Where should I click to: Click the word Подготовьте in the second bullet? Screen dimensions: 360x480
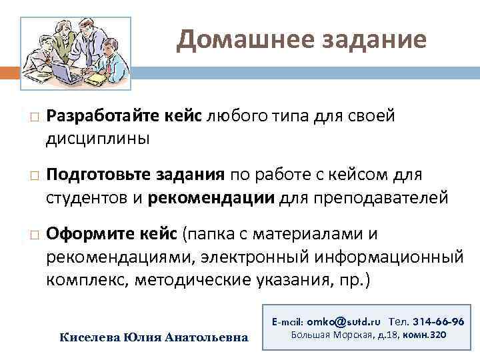pyautogui.click(x=99, y=175)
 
